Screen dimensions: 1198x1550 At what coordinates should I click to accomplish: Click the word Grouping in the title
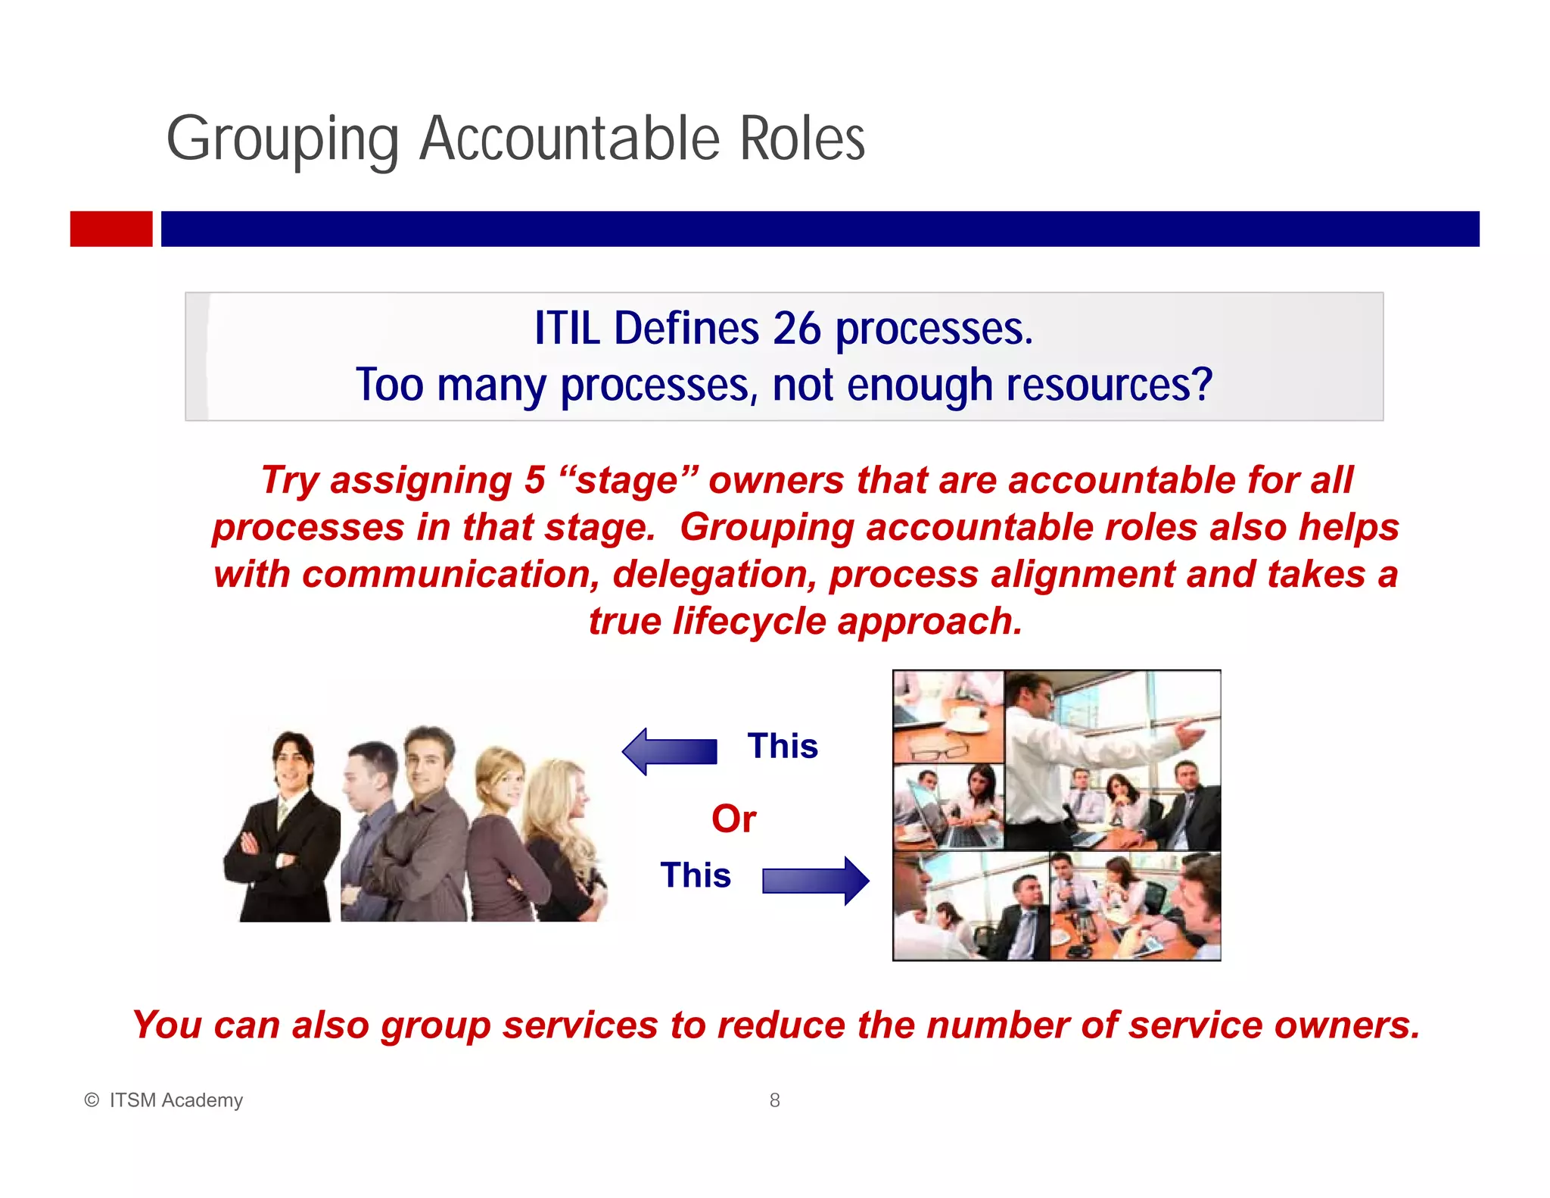[282, 140]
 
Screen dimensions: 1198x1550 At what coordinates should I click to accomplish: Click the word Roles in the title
[801, 140]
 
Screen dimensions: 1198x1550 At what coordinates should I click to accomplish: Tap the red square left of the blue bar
[111, 229]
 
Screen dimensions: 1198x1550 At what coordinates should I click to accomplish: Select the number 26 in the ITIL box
[796, 329]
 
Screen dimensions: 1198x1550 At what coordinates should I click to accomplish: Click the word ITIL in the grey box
[567, 329]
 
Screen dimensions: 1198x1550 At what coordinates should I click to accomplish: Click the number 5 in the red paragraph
[535, 480]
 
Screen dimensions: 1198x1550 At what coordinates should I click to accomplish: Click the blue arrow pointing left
[669, 751]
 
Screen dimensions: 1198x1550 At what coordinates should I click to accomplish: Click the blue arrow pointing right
[816, 881]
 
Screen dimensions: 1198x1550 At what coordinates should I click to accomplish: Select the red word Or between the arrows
[733, 819]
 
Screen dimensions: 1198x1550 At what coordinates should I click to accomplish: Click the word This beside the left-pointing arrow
[783, 747]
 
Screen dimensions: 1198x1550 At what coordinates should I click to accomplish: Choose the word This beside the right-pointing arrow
[696, 875]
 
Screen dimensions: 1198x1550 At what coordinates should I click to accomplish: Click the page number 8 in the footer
[774, 1100]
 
